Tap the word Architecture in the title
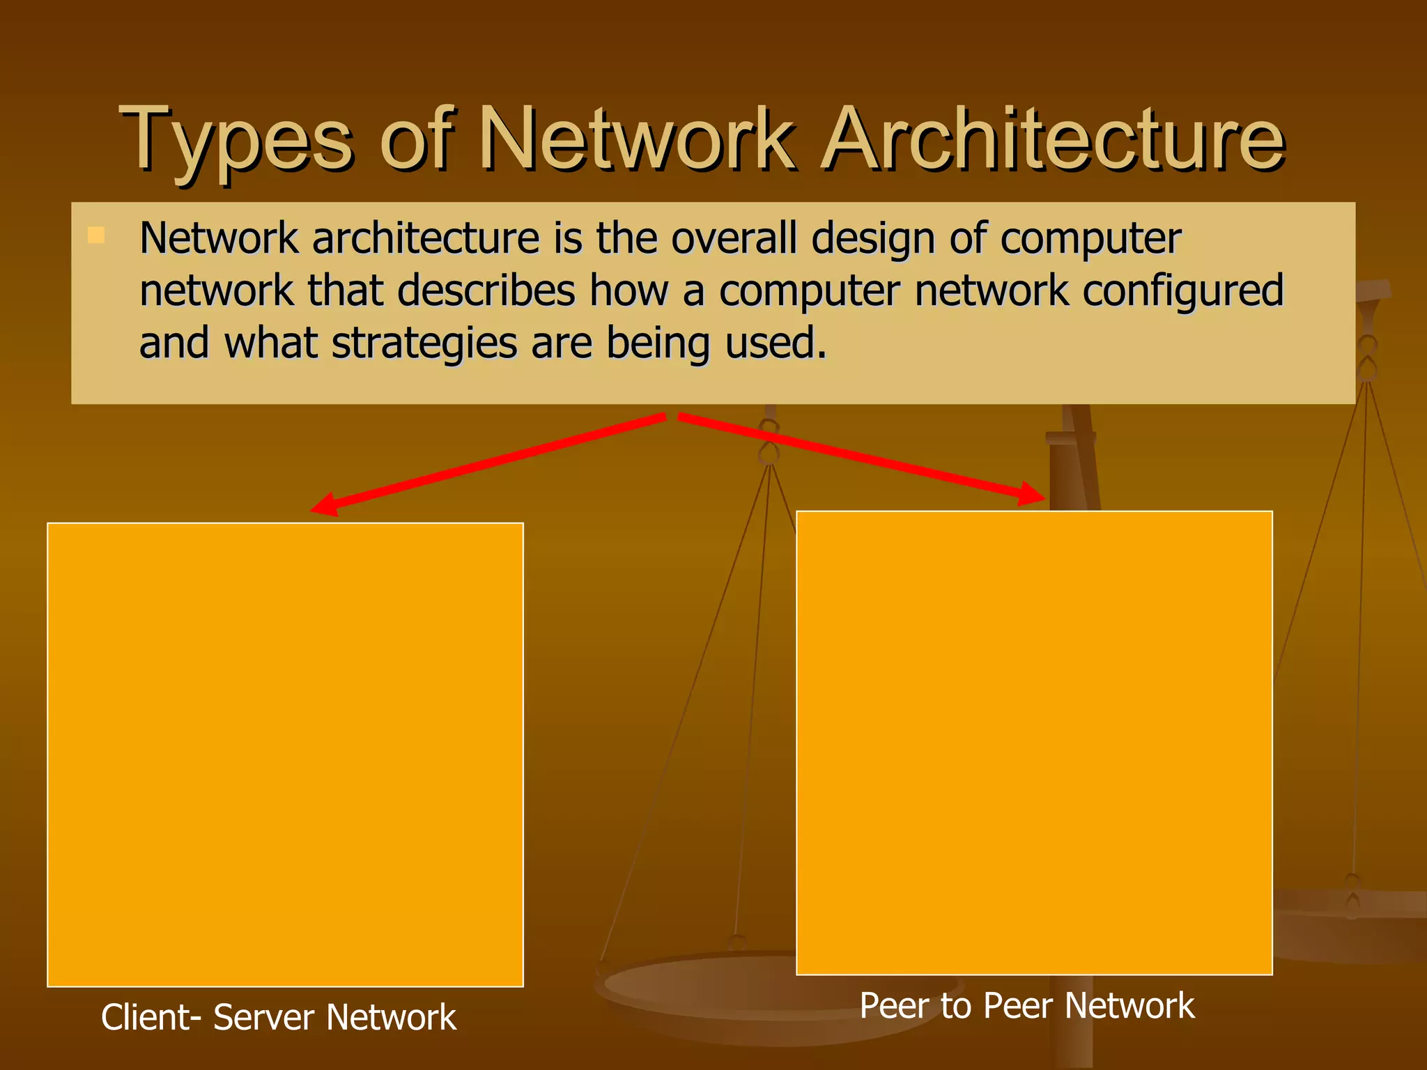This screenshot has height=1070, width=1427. click(1052, 139)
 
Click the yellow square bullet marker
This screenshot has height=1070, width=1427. click(96, 235)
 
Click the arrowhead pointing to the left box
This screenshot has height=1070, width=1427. click(325, 506)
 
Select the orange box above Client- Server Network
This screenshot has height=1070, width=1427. click(285, 754)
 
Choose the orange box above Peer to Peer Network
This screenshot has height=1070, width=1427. click(1034, 743)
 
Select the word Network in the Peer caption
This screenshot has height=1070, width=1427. click(1129, 1006)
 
